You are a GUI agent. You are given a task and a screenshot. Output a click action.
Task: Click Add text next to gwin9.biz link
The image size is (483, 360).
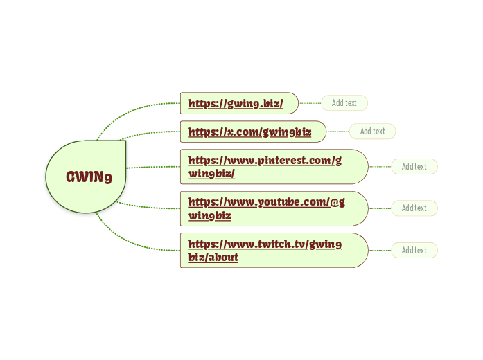point(344,103)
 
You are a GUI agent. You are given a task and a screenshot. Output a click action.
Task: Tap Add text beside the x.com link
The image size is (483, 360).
point(372,131)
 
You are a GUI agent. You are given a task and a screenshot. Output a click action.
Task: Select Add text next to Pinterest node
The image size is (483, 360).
point(414,166)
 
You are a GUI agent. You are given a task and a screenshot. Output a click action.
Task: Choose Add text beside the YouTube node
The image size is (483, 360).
point(414,208)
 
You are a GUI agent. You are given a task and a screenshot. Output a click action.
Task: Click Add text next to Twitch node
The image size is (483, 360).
point(414,250)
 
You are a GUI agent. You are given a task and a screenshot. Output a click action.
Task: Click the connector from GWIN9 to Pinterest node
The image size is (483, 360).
point(152,167)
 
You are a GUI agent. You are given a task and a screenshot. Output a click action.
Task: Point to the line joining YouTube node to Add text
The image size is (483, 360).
point(380,208)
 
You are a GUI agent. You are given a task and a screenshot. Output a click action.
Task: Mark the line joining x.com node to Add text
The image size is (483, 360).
point(337,131)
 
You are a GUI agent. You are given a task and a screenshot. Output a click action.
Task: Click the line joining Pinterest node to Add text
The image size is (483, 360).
point(380,166)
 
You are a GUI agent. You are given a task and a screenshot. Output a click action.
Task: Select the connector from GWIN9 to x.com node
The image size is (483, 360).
point(149,133)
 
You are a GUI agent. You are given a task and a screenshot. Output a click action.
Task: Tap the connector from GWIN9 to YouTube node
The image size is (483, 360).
point(149,207)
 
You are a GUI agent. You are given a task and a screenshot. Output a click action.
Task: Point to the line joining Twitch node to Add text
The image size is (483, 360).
point(380,250)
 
